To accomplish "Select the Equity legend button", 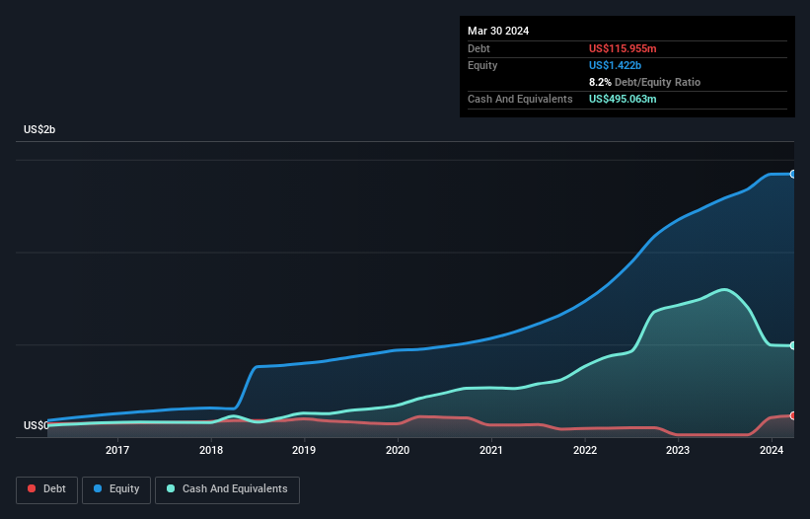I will [x=116, y=488].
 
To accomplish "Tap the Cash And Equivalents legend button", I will [x=227, y=488].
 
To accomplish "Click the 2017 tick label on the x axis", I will [x=117, y=451].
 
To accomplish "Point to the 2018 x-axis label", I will [x=211, y=451].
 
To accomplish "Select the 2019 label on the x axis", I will [x=304, y=451].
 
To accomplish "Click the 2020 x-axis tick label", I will [x=398, y=451].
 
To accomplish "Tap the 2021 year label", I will [x=491, y=451].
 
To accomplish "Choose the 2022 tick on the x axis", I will [x=585, y=451].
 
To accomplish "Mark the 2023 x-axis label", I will [x=678, y=451].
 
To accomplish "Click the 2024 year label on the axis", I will [x=772, y=451].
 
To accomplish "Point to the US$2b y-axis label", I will [x=40, y=130].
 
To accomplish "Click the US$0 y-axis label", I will [x=37, y=425].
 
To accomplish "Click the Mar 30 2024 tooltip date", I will [x=498, y=31].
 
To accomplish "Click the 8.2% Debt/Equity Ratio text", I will [x=644, y=82].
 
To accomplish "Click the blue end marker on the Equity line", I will [x=793, y=174].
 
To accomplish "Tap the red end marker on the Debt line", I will [x=793, y=415].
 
